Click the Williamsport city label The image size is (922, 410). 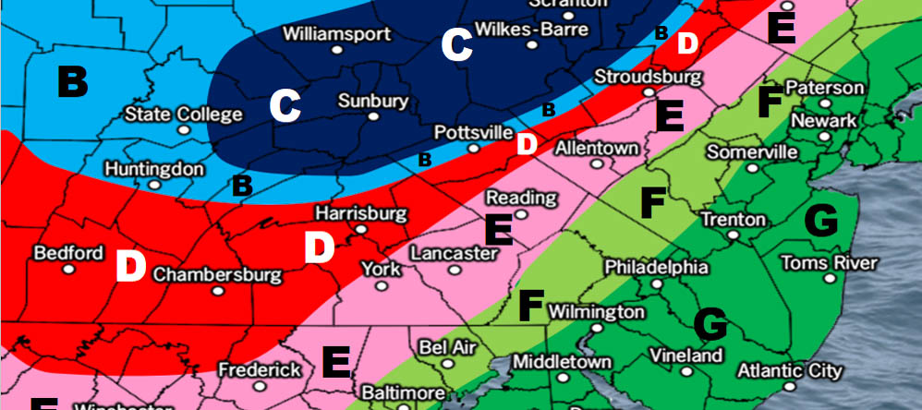click(336, 35)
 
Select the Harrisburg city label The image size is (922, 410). click(360, 213)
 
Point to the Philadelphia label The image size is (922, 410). click(656, 267)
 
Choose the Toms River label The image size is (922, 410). click(829, 263)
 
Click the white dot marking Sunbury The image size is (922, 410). click(372, 117)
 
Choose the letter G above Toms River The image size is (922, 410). click(820, 221)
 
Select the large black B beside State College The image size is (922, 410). click(72, 82)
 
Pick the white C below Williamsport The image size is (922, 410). click(285, 108)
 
